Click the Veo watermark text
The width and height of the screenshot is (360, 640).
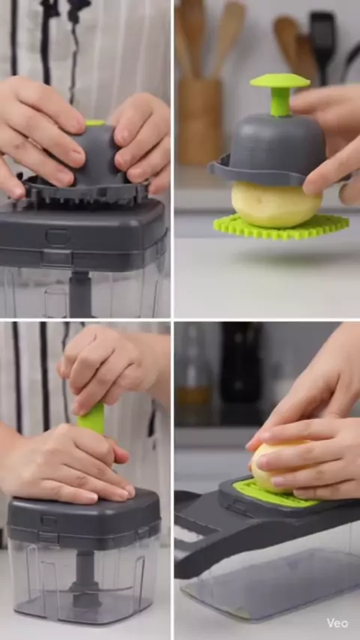(337, 623)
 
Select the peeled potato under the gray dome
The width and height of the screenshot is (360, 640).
(277, 205)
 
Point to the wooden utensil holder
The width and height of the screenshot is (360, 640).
(200, 121)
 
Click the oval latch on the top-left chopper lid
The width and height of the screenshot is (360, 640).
(57, 236)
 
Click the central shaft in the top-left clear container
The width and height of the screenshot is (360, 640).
(79, 294)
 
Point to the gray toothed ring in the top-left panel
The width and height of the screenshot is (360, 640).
(85, 192)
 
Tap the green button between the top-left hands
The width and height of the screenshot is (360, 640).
(95, 122)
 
